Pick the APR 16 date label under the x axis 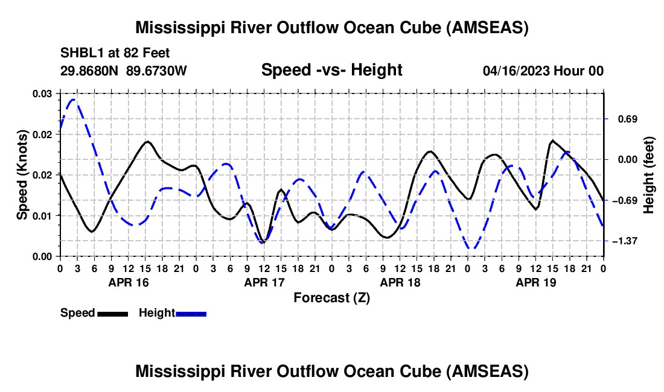click(x=128, y=282)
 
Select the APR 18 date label click(x=400, y=282)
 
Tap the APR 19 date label click(x=535, y=282)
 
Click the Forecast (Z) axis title click(x=331, y=297)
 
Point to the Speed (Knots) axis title click(x=22, y=175)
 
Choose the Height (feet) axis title click(x=649, y=175)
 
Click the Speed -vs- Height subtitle click(x=331, y=71)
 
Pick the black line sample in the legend click(x=112, y=313)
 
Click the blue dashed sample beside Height click(x=191, y=313)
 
